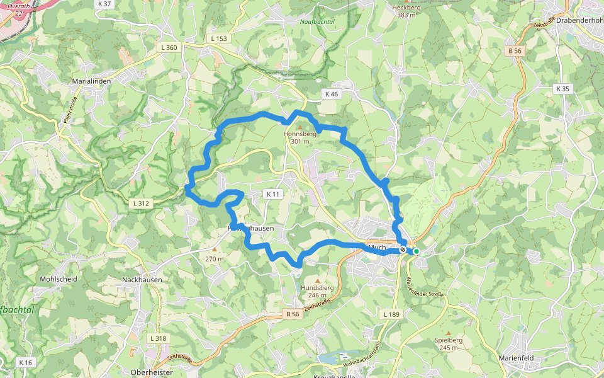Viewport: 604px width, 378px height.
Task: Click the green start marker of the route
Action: click(416, 251)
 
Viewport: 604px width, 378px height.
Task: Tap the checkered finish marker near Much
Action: click(403, 249)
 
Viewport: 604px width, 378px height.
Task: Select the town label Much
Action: click(376, 248)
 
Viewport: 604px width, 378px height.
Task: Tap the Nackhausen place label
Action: click(142, 280)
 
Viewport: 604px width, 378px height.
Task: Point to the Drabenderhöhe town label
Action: click(580, 19)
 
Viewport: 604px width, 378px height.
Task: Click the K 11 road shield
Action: click(272, 194)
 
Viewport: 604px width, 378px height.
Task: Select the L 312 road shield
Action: click(142, 203)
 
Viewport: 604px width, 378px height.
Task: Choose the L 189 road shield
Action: click(391, 314)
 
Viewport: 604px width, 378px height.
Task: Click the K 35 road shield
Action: click(562, 89)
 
